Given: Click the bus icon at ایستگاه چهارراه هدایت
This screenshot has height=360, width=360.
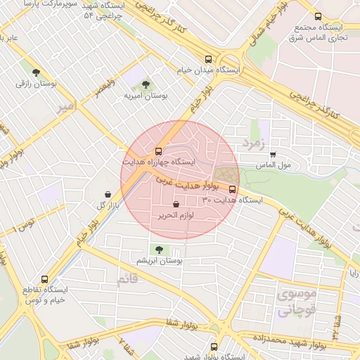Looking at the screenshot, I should pos(158,151).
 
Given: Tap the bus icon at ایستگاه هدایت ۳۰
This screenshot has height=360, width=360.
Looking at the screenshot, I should pos(233,189).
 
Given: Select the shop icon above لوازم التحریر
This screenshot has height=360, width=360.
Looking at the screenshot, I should pos(176,205).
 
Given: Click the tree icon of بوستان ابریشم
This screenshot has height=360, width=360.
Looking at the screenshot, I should pos(159,250).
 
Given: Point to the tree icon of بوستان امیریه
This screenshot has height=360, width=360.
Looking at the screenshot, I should pos(146,84).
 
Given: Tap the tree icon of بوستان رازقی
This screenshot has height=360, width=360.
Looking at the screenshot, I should pos(36,72).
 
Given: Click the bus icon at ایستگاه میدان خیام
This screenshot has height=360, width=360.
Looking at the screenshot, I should pos(207,60).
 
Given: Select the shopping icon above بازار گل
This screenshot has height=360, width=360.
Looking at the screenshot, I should pos(106,194).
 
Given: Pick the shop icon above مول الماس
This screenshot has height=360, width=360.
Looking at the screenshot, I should pos(273,155).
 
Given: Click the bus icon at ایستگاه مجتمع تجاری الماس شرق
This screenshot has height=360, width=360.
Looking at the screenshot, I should pos(318,16).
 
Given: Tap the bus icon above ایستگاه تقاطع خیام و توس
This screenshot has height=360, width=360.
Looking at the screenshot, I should pos(46,279).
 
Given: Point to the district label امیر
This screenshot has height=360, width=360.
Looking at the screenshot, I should pos(65,107).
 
